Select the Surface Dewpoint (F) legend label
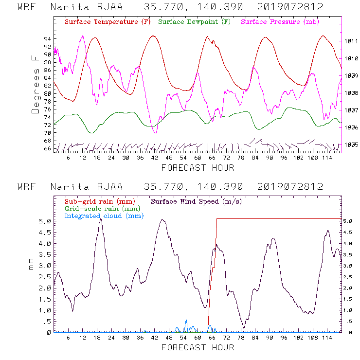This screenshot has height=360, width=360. click(194, 22)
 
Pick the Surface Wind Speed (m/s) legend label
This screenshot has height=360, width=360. click(197, 201)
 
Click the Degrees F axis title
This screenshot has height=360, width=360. click(36, 84)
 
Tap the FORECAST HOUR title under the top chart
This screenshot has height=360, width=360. click(198, 168)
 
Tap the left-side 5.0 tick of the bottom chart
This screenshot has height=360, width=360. click(45, 221)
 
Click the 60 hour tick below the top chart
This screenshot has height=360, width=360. click(198, 158)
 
